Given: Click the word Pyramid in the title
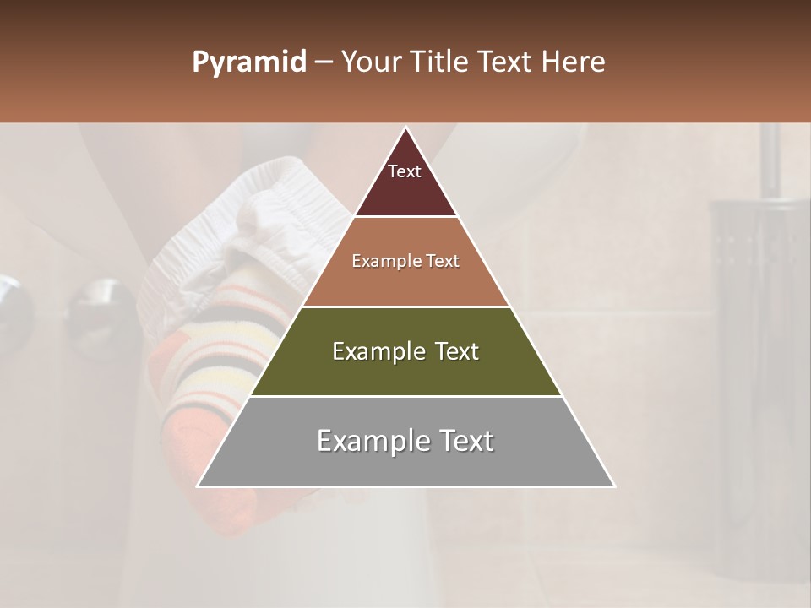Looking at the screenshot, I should (249, 62).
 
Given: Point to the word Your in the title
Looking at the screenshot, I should (370, 62).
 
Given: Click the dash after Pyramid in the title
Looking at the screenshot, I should (324, 62).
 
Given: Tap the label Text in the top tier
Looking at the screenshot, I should (405, 171).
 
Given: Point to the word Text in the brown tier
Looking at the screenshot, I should (443, 261).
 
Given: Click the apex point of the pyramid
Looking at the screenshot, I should (405, 128).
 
